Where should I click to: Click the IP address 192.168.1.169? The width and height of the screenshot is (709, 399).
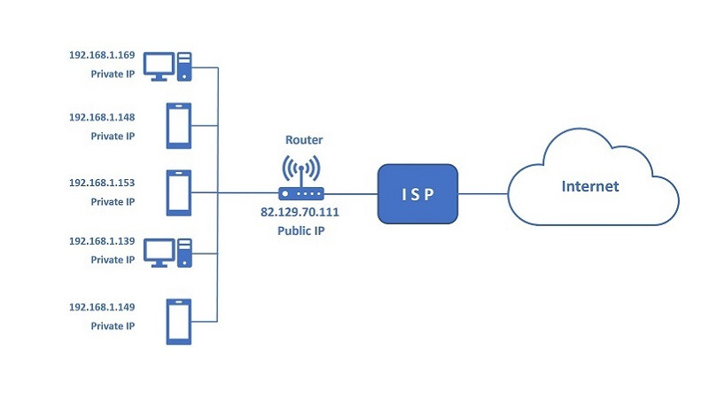[x=102, y=55]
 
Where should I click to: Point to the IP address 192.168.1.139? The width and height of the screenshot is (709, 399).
[x=102, y=241]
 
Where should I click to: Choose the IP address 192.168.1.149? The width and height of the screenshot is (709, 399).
[x=102, y=308]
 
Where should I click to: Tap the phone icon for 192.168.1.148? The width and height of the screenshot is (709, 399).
[x=179, y=126]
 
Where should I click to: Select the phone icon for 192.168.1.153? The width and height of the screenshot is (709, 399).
[x=179, y=192]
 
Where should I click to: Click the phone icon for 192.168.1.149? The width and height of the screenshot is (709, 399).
[x=179, y=321]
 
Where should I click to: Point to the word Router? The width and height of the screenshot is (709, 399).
[x=301, y=140]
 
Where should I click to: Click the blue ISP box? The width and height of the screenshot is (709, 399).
[x=417, y=192]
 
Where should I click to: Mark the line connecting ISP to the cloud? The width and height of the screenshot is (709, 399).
[x=482, y=192]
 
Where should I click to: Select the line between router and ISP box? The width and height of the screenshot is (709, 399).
[x=350, y=192]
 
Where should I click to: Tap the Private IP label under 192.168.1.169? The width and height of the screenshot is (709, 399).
[x=113, y=74]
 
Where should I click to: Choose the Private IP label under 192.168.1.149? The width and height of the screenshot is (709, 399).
[x=113, y=326]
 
